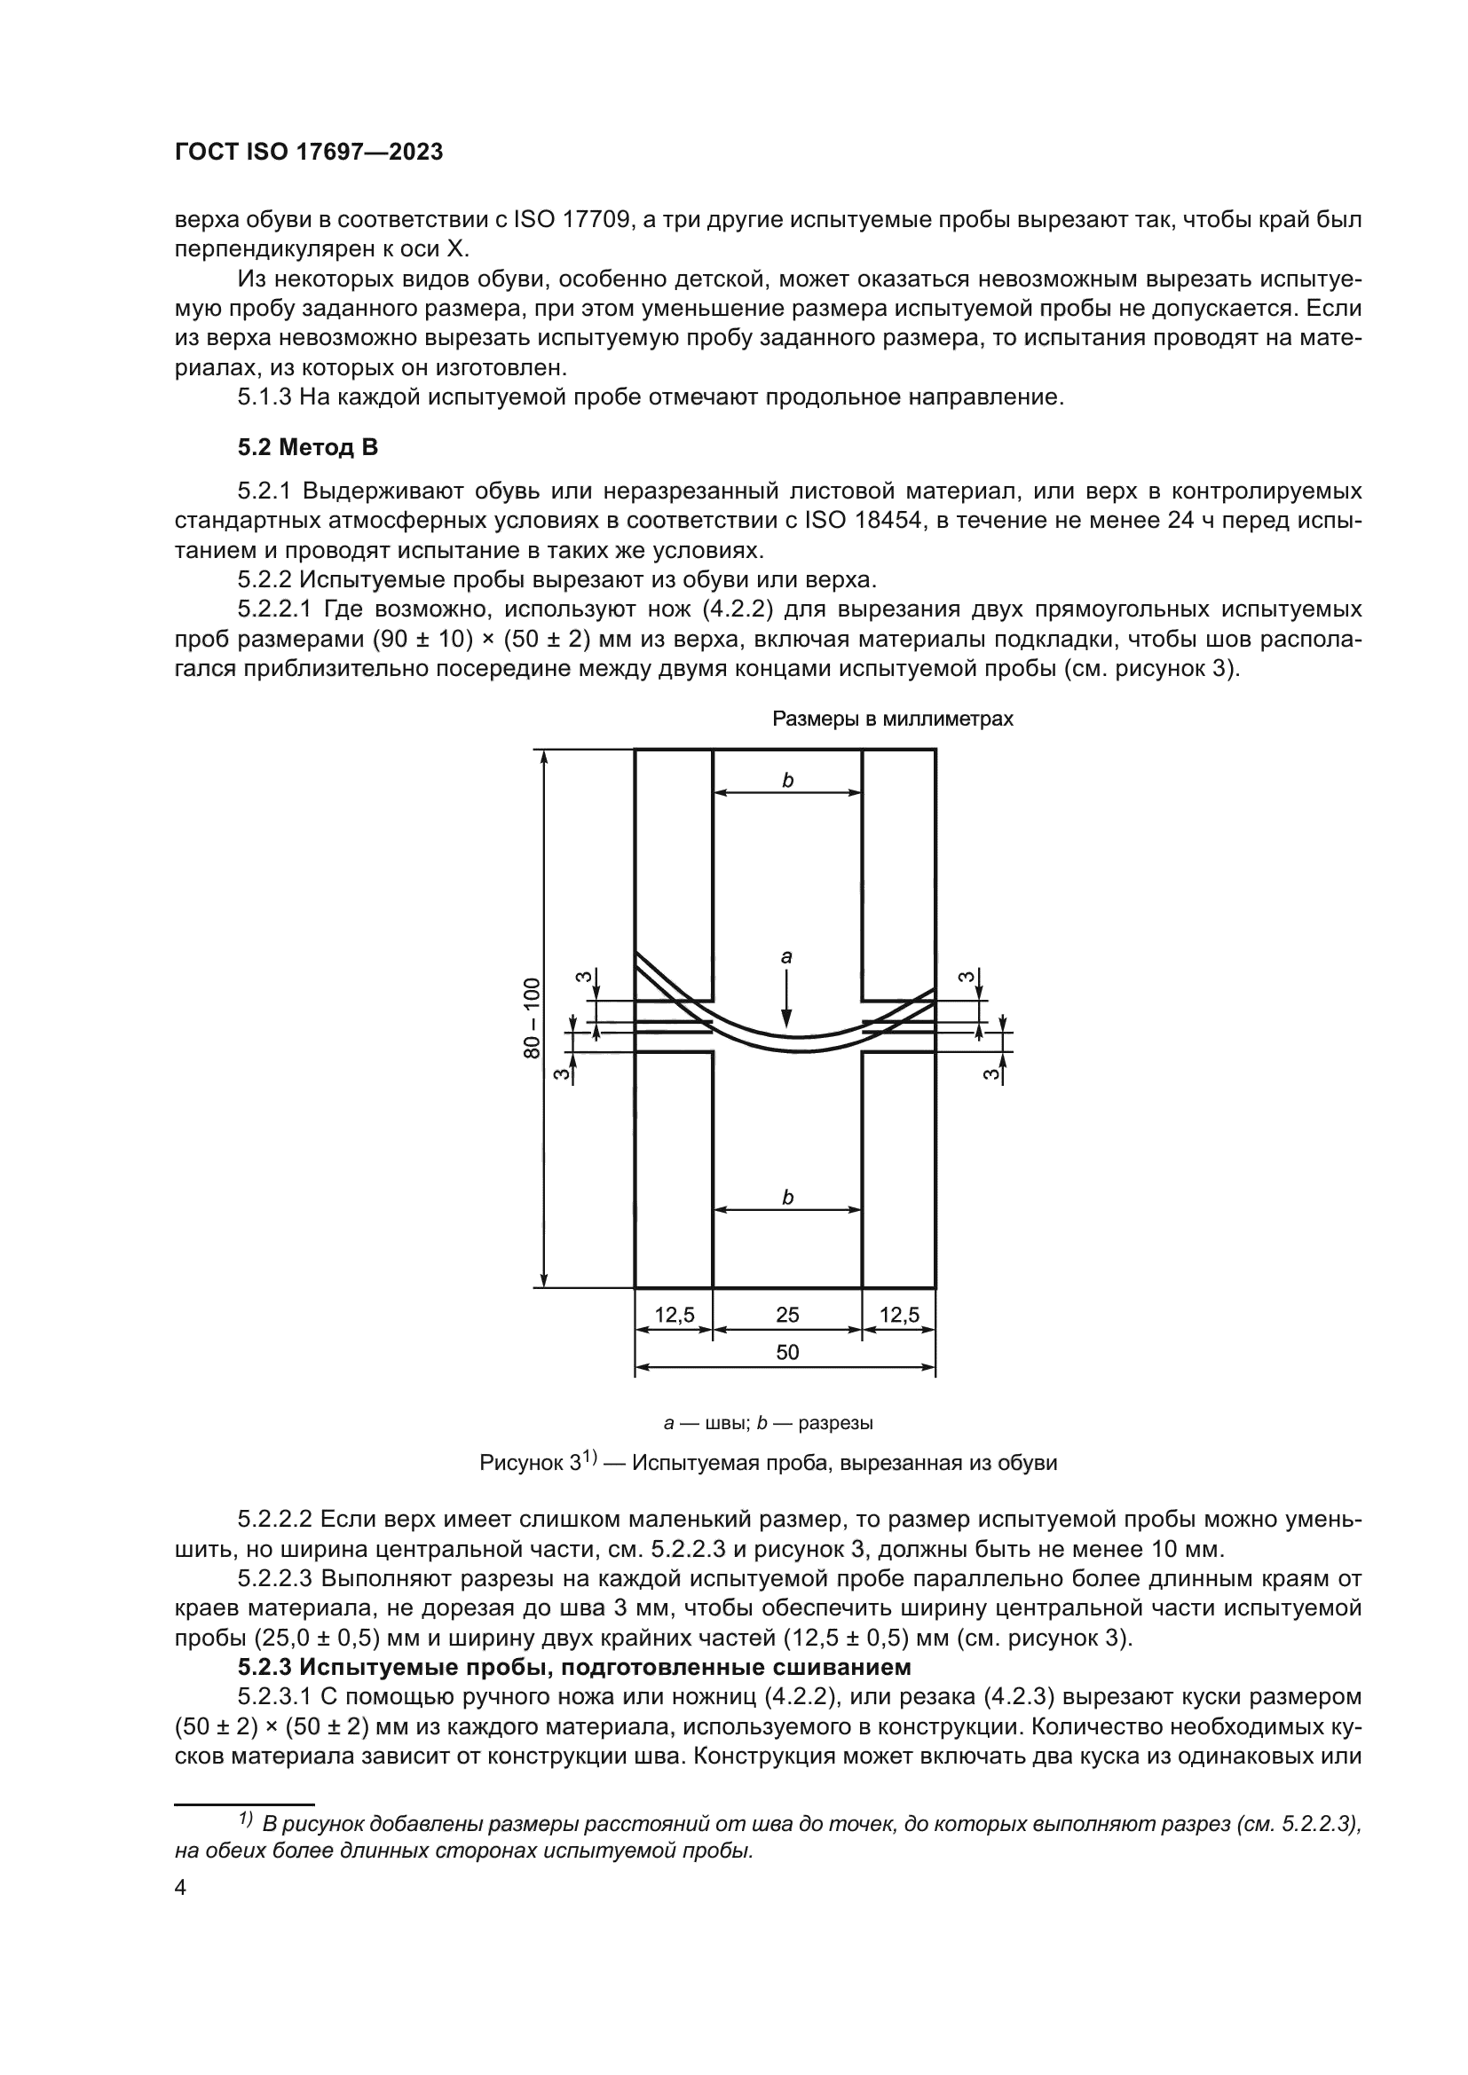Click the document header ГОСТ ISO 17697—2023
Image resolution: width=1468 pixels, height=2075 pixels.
[308, 152]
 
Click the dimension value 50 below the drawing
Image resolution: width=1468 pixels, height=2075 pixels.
[786, 1352]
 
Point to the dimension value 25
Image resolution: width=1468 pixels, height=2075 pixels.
[786, 1315]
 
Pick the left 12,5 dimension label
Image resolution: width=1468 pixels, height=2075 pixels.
[674, 1315]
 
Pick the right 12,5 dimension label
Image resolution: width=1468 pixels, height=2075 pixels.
[898, 1315]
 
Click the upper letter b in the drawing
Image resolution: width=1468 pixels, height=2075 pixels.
[787, 780]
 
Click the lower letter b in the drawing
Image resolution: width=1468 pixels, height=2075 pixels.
[787, 1198]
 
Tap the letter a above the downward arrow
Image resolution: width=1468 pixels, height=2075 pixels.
[785, 956]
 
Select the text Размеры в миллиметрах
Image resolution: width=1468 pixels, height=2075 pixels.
[892, 719]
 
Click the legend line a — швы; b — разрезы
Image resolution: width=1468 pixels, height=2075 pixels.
[769, 1422]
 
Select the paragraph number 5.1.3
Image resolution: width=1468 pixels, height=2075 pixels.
[264, 397]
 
